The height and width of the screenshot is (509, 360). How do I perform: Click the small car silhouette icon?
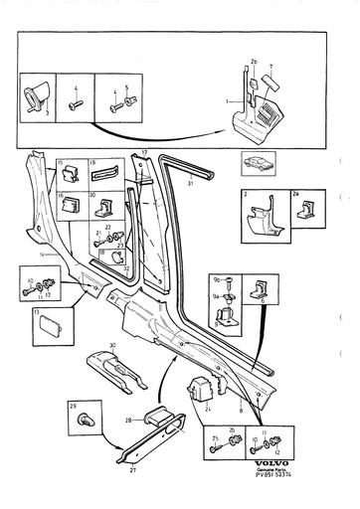tap(252, 163)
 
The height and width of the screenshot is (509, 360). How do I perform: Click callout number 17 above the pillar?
tap(144, 152)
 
